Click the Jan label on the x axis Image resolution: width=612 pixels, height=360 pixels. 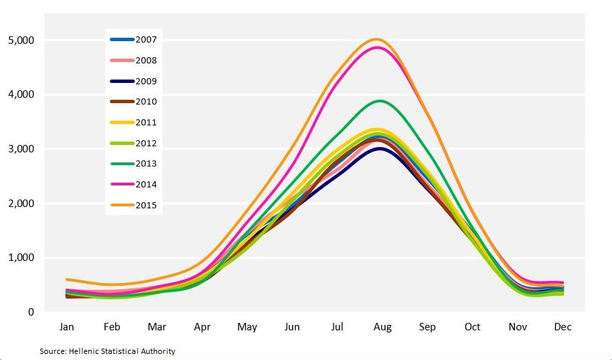pos(67,327)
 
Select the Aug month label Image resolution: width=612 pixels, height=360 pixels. pos(382,327)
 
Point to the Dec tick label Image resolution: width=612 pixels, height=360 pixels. pos(563,327)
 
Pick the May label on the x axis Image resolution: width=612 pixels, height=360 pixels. pos(247,327)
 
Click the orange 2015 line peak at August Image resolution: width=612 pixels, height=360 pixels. pos(377,39)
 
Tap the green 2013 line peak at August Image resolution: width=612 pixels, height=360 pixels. pos(381,101)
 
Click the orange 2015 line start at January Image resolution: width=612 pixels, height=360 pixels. pos(67,279)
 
